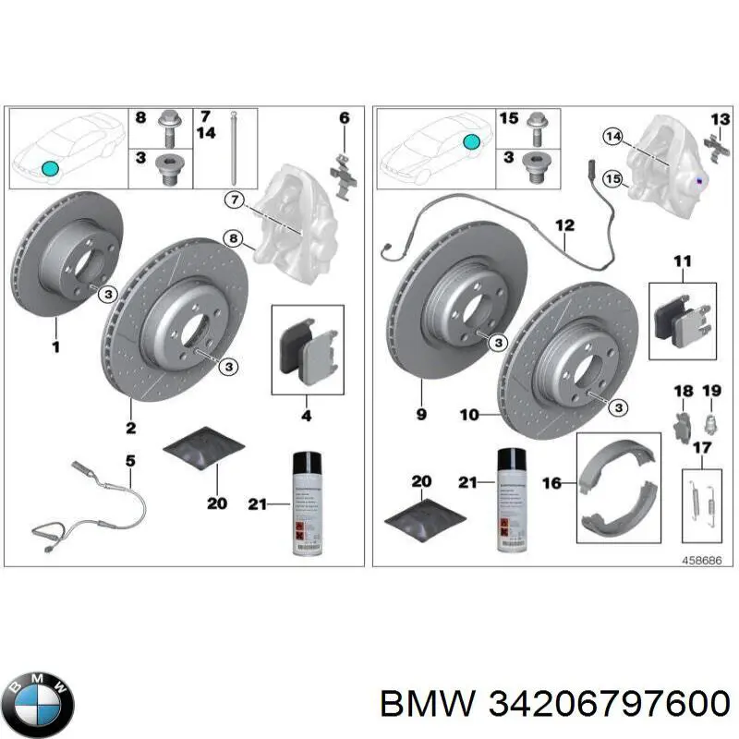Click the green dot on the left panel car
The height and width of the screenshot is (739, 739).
[x=51, y=168]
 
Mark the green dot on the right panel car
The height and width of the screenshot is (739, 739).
[x=471, y=141]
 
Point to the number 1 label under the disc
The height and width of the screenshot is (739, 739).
[x=55, y=347]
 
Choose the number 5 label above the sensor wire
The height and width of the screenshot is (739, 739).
[x=130, y=458]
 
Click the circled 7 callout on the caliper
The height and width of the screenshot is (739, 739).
[x=234, y=199]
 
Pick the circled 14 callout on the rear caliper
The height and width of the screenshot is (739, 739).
[x=612, y=137]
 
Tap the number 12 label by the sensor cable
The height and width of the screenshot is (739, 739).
[x=564, y=225]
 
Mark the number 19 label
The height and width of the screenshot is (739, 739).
[x=710, y=392]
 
